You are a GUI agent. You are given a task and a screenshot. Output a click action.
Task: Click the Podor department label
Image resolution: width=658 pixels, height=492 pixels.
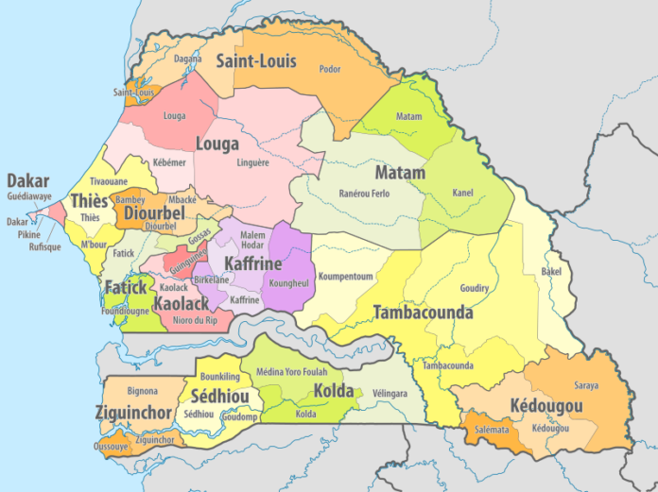click(330, 69)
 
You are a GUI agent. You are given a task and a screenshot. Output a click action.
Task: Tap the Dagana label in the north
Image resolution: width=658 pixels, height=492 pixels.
click(187, 59)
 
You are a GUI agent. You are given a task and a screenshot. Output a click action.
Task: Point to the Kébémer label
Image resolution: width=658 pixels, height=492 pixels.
click(170, 163)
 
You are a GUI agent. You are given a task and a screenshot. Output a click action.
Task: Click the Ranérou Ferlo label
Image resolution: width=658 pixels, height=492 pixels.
click(364, 194)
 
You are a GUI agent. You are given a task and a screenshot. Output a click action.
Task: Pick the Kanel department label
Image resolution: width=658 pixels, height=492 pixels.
click(462, 193)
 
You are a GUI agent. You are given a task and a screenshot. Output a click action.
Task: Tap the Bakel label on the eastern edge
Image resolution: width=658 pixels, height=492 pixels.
click(550, 271)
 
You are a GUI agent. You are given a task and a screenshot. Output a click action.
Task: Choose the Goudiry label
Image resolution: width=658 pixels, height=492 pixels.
click(474, 288)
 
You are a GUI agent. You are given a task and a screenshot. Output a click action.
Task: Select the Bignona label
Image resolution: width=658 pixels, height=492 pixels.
click(142, 390)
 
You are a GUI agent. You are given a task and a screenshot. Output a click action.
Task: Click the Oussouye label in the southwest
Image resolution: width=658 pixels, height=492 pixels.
click(111, 446)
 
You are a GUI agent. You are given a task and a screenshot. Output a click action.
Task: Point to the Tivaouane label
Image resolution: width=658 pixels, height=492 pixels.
click(108, 180)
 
